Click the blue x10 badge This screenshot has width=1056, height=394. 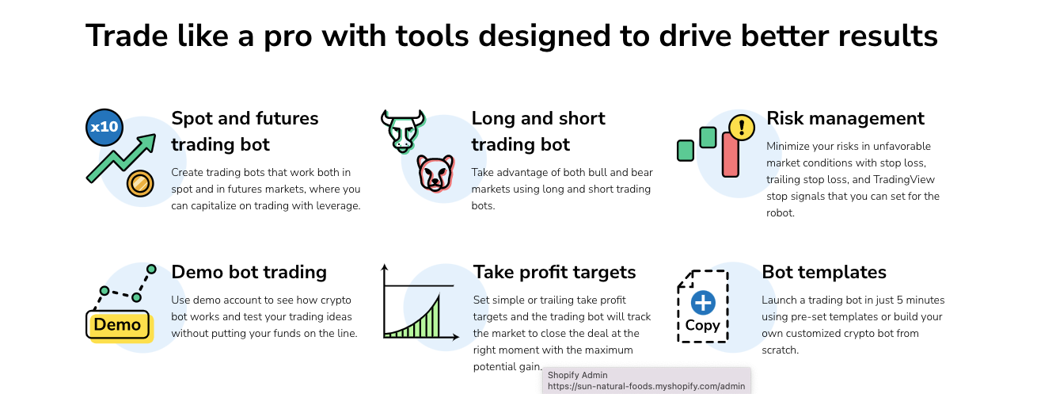(104, 127)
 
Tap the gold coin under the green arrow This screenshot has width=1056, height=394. (140, 183)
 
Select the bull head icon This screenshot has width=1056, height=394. (403, 131)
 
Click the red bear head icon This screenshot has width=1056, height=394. (435, 173)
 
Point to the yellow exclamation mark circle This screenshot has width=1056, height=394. (742, 128)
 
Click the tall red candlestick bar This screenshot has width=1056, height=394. (730, 155)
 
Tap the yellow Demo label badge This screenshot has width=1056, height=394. (118, 325)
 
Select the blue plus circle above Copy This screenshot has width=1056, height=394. (703, 303)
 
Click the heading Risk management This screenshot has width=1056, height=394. (845, 118)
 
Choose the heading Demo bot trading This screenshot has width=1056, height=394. (249, 272)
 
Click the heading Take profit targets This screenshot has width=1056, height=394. (554, 272)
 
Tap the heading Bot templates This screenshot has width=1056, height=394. (824, 272)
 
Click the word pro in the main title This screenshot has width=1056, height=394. (287, 36)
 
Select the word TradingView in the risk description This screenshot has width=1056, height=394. (904, 180)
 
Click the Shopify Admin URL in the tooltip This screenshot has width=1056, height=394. (646, 386)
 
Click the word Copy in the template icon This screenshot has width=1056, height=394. (702, 325)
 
